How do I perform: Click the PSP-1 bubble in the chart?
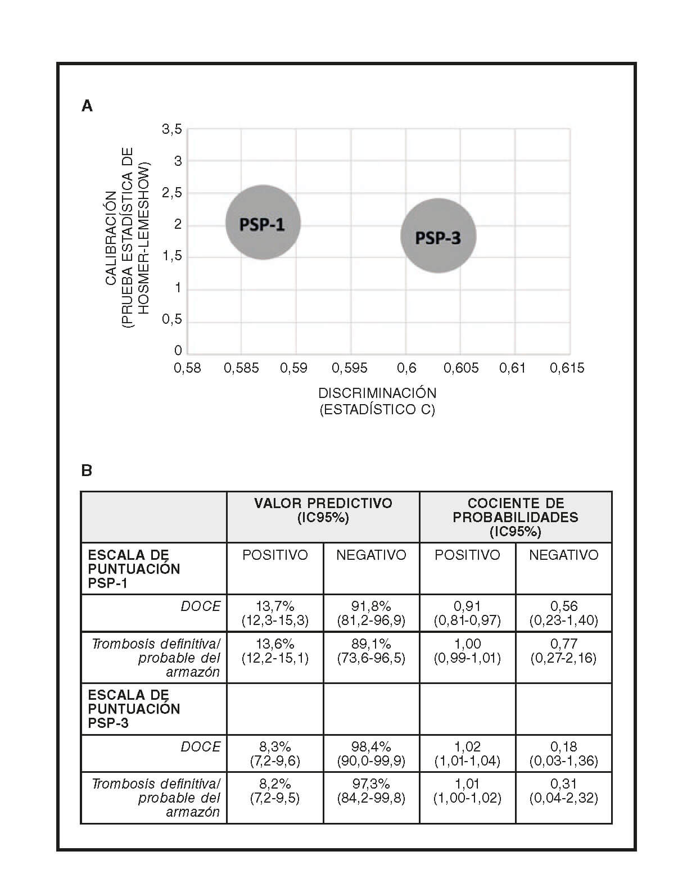(x=263, y=223)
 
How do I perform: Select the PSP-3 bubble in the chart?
(x=438, y=236)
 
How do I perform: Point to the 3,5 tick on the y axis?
(x=172, y=129)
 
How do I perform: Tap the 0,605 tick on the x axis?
(x=461, y=368)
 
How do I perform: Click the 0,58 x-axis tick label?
(x=187, y=368)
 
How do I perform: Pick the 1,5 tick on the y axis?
(x=172, y=256)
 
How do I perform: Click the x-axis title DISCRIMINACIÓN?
(x=377, y=393)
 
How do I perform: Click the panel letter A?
(x=87, y=106)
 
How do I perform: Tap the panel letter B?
(x=87, y=470)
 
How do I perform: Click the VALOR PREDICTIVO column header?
(x=323, y=510)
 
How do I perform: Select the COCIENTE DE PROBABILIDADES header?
(x=516, y=517)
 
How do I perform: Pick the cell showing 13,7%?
(x=275, y=613)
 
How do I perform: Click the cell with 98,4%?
(x=371, y=753)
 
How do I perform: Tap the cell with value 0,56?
(x=563, y=613)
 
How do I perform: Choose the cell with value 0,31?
(x=563, y=790)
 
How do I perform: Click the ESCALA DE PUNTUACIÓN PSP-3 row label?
(x=134, y=709)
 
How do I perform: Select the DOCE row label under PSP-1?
(x=201, y=606)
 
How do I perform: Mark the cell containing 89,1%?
(x=371, y=650)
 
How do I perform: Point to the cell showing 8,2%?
(x=275, y=790)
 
